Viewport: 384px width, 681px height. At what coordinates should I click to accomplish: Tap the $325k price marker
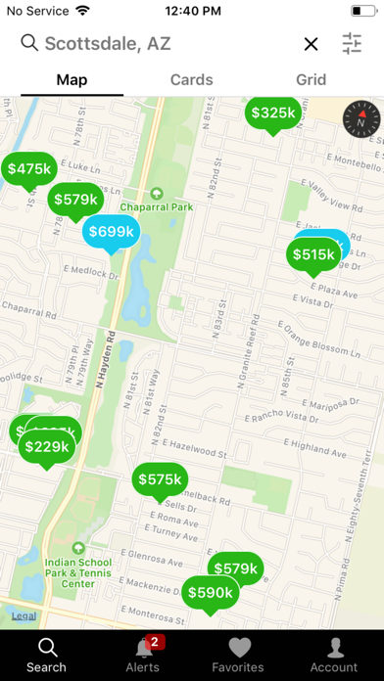[273, 113]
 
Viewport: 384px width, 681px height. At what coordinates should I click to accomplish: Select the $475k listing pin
[28, 169]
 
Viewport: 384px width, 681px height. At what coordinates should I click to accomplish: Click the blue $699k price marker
[110, 232]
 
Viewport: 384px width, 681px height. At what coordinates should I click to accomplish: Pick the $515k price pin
[313, 254]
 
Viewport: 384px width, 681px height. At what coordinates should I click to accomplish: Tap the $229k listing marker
[46, 447]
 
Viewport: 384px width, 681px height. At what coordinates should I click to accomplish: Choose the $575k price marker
[160, 479]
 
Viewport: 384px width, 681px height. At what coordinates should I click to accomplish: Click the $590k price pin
[210, 592]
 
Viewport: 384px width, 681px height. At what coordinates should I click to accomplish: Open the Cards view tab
[192, 80]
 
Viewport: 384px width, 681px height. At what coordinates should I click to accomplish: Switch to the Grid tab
[311, 80]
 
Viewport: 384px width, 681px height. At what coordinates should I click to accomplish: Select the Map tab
[72, 80]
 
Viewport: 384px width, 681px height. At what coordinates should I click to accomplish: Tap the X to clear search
[311, 44]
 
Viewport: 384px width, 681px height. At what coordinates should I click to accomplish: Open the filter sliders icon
[353, 44]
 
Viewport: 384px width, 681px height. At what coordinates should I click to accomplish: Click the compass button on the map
[360, 122]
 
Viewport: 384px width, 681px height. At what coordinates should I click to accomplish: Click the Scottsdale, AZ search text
[108, 44]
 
